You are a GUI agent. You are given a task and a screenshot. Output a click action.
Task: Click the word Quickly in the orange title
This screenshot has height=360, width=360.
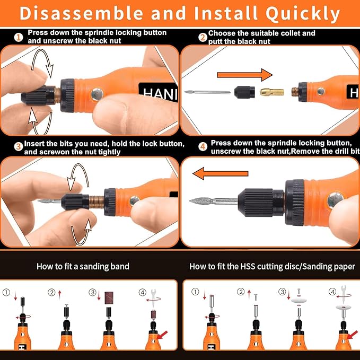(303, 14)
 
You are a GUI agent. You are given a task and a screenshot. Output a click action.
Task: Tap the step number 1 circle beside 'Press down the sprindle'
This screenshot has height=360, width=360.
(19, 38)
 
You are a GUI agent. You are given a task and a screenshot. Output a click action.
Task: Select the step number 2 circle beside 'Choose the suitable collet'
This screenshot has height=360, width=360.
(203, 37)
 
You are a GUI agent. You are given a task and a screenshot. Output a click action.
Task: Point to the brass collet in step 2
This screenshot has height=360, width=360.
(272, 92)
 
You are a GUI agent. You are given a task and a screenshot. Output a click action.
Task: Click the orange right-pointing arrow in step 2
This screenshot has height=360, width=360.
(245, 75)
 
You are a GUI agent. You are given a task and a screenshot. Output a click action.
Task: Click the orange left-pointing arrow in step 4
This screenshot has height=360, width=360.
(221, 173)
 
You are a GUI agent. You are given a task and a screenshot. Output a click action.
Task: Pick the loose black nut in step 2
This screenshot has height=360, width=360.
(244, 92)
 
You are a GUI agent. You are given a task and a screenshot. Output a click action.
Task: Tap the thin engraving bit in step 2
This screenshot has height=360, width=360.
(207, 92)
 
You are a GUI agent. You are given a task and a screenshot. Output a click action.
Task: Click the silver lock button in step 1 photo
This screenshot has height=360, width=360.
(97, 94)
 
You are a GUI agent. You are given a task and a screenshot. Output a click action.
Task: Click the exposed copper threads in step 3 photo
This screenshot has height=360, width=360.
(96, 202)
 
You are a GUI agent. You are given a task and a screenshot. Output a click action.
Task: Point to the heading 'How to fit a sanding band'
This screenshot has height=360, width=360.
(83, 266)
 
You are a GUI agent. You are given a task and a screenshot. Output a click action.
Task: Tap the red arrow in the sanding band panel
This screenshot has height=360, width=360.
(162, 335)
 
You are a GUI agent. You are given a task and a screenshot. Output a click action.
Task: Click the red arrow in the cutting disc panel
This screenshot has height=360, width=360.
(353, 335)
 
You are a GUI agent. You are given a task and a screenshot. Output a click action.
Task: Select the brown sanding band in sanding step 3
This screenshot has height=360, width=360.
(109, 298)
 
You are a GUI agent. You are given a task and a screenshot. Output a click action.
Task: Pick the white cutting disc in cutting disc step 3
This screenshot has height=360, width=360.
(299, 300)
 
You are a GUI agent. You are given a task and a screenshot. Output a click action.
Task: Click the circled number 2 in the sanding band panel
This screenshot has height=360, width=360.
(51, 292)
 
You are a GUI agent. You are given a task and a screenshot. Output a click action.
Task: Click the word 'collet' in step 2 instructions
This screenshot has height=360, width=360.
(291, 33)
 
